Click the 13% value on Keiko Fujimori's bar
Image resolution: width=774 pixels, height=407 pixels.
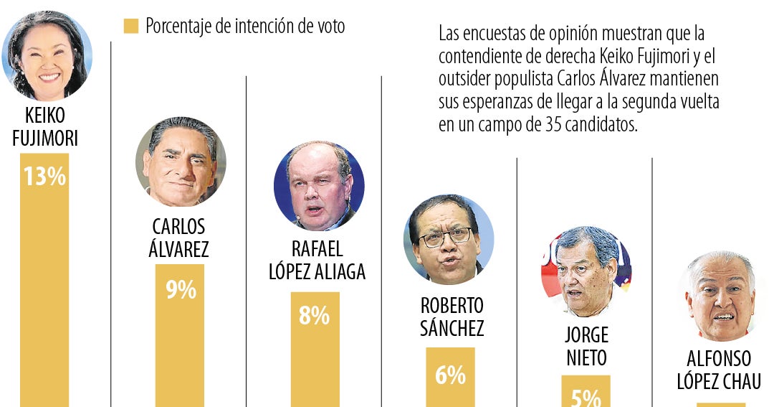[44, 177]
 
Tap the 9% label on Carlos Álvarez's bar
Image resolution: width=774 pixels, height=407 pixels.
[181, 289]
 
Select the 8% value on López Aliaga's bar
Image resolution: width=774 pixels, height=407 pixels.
[314, 316]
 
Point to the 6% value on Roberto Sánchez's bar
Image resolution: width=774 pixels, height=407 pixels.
[450, 374]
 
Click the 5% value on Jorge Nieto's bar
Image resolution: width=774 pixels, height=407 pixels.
[586, 397]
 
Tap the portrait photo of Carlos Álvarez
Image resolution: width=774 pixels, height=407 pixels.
[181, 162]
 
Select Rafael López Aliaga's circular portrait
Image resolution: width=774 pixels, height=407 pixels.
[319, 186]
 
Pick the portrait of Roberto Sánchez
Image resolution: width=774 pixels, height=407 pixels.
[449, 239]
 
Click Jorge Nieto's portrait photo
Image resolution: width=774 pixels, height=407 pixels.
[586, 271]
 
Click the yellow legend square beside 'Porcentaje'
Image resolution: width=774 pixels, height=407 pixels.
[130, 27]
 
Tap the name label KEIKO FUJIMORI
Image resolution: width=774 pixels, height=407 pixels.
[45, 127]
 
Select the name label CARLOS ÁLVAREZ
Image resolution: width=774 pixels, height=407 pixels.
[179, 238]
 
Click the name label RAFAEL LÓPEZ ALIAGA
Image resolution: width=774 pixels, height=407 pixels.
[317, 260]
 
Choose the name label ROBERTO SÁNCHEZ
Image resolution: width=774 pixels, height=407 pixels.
[451, 317]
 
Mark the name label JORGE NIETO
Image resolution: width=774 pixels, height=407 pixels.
[586, 346]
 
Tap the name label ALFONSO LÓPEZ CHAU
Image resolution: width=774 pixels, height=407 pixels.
[719, 370]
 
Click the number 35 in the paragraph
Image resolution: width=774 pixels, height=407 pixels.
[555, 124]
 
